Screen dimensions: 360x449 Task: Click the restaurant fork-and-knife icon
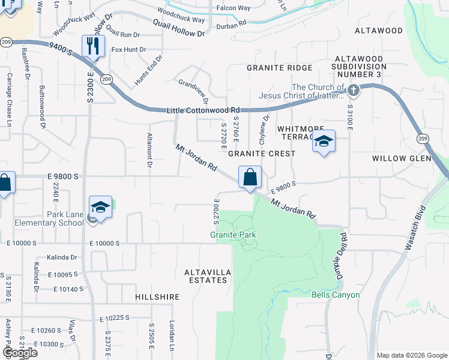coord(93,45)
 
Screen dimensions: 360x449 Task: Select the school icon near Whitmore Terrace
coord(324,142)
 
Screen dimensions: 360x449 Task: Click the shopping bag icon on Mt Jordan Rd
coord(250,178)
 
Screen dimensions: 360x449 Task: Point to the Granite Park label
coord(233,235)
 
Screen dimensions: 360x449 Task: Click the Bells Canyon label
coord(336,295)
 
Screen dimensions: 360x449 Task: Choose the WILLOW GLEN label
coord(402,158)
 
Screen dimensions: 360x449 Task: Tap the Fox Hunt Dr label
coord(128,49)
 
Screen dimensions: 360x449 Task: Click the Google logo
coord(19,353)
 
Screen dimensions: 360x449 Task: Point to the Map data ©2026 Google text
coord(412,355)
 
